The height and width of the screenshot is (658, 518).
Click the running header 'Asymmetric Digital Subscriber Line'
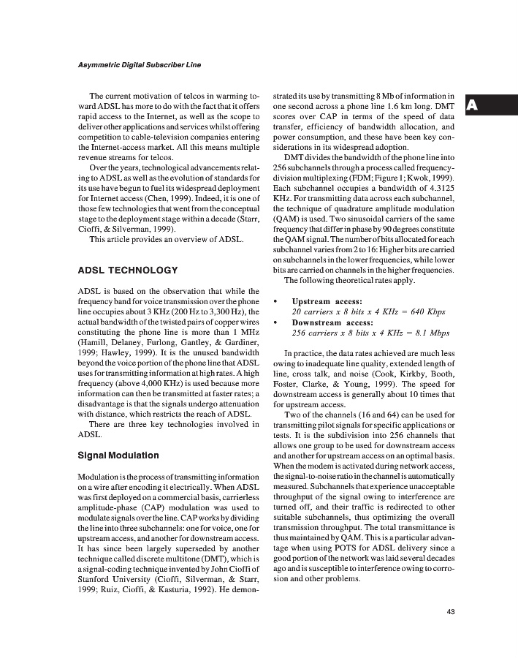[139, 65]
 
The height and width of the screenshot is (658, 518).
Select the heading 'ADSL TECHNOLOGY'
[127, 271]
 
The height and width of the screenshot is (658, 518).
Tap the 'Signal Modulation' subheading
[118, 455]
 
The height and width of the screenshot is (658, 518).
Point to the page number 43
[451, 612]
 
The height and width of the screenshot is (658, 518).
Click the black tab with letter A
[473, 105]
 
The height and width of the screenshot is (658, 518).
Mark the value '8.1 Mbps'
[429, 332]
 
